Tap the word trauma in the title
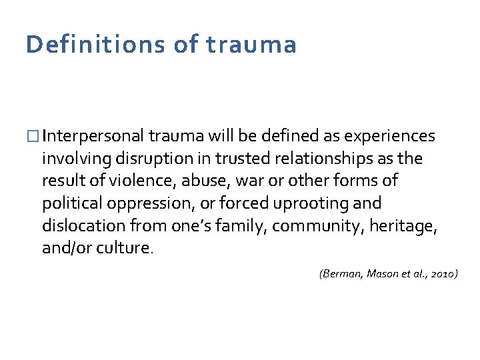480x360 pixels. [x=251, y=45]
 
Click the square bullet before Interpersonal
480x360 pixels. [x=33, y=137]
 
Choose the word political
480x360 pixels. [x=69, y=203]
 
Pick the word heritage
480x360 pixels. [x=407, y=225]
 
